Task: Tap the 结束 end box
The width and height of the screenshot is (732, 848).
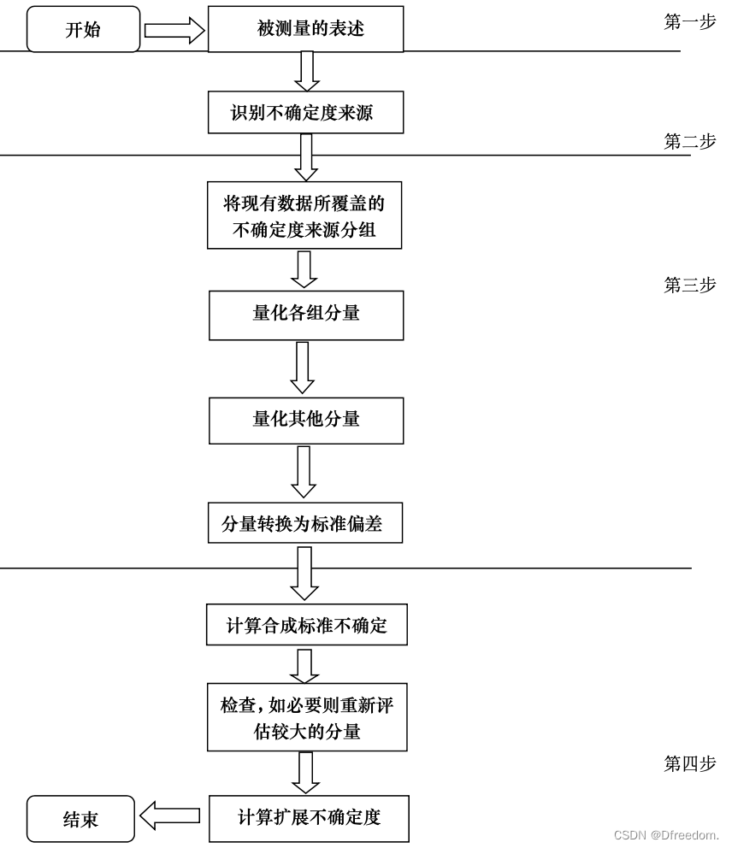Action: (x=80, y=819)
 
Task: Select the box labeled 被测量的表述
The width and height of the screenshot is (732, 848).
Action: (x=305, y=30)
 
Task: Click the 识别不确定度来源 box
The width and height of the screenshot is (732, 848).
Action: (x=305, y=113)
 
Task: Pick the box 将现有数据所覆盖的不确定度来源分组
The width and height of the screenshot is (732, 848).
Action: (x=304, y=215)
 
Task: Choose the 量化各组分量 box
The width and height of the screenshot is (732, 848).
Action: (x=306, y=314)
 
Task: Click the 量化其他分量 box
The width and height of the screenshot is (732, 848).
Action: (x=306, y=420)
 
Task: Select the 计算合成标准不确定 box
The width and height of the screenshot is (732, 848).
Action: (x=306, y=626)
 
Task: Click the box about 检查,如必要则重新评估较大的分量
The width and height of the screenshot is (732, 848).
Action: (x=307, y=718)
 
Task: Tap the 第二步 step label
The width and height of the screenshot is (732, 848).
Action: (x=689, y=142)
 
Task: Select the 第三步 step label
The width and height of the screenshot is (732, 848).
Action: (x=689, y=286)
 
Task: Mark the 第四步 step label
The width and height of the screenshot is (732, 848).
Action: (x=689, y=764)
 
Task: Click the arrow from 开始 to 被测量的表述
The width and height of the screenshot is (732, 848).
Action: (x=174, y=31)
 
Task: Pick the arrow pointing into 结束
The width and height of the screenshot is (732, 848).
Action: (x=169, y=816)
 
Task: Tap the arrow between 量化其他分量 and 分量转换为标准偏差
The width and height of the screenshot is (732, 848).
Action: (x=304, y=471)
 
